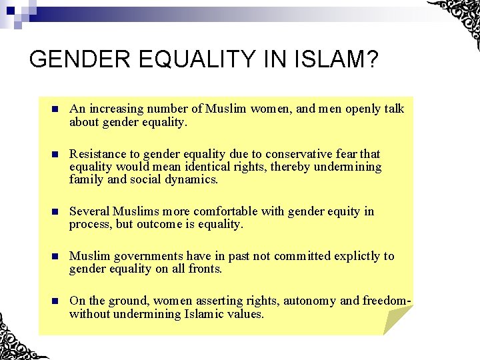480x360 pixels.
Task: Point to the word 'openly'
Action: pos(361,109)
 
